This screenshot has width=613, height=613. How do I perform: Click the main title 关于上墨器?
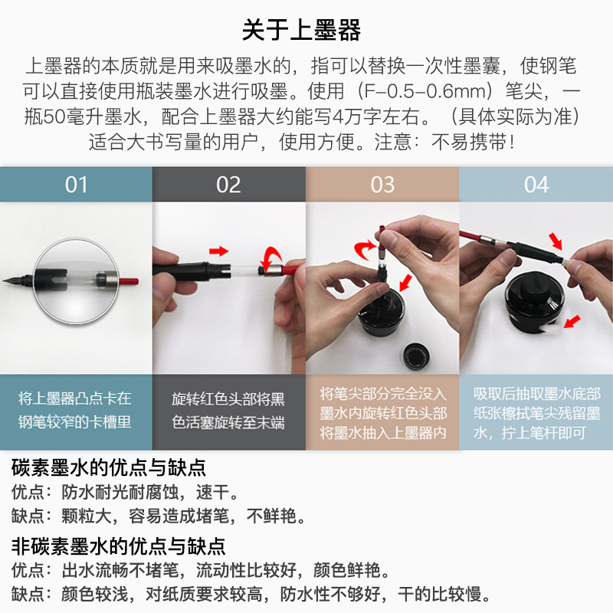pyautogui.click(x=301, y=30)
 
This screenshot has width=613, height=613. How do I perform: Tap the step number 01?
pyautogui.click(x=76, y=185)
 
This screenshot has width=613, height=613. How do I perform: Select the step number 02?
pyautogui.click(x=228, y=185)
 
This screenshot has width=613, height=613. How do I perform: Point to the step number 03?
pyautogui.click(x=382, y=185)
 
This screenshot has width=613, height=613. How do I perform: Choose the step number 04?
pyautogui.click(x=536, y=185)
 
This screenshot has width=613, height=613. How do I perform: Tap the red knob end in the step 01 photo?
pyautogui.click(x=129, y=281)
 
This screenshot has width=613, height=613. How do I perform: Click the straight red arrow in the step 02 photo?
pyautogui.click(x=219, y=251)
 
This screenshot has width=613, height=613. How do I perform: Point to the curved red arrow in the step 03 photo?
pyautogui.click(x=366, y=250)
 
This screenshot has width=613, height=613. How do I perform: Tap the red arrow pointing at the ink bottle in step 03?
pyautogui.click(x=405, y=283)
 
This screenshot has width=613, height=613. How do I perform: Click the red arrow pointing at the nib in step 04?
pyautogui.click(x=556, y=241)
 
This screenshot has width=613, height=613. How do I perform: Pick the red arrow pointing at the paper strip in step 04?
pyautogui.click(x=572, y=322)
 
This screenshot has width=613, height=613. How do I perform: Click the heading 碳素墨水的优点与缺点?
pyautogui.click(x=108, y=467)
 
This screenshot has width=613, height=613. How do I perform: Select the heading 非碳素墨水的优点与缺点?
pyautogui.click(x=118, y=546)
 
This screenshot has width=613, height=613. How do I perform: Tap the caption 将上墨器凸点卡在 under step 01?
pyautogui.click(x=74, y=398)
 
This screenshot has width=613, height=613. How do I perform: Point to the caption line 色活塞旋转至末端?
pyautogui.click(x=228, y=422)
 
